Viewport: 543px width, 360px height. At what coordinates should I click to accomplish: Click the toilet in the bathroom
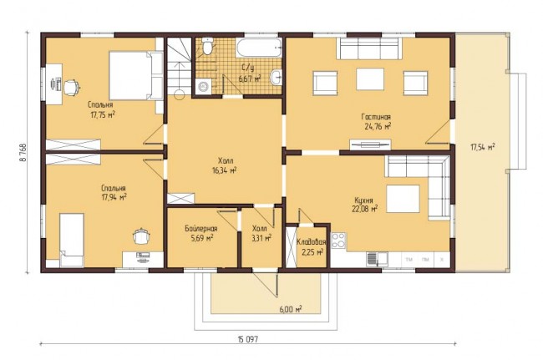207,46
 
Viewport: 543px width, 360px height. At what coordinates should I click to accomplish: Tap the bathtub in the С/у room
259,48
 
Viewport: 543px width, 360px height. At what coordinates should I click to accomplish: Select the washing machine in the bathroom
203,86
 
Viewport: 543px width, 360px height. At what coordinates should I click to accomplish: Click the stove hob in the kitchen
338,241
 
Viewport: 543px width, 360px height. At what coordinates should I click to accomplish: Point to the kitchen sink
377,259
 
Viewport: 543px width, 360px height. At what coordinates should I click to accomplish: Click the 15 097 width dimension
247,340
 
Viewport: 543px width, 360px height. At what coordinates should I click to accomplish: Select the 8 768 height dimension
23,152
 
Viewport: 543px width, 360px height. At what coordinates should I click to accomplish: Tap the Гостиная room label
377,117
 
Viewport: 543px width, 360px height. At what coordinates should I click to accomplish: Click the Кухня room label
363,200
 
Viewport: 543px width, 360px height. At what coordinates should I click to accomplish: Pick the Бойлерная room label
200,229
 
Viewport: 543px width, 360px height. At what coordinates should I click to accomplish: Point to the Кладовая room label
312,242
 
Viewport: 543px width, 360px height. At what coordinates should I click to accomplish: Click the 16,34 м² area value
225,170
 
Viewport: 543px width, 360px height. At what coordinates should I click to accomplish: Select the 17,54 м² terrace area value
482,147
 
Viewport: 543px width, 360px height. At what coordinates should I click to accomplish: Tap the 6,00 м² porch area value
290,309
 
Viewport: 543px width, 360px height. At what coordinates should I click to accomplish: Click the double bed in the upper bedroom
136,76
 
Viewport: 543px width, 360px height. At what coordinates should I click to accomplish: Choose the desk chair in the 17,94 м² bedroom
142,236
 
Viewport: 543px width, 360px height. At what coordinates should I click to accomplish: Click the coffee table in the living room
370,79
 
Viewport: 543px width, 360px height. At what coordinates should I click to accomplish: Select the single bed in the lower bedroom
72,241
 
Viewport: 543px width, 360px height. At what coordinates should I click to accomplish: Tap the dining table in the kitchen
403,199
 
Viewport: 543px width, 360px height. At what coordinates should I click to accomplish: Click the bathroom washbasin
277,77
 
